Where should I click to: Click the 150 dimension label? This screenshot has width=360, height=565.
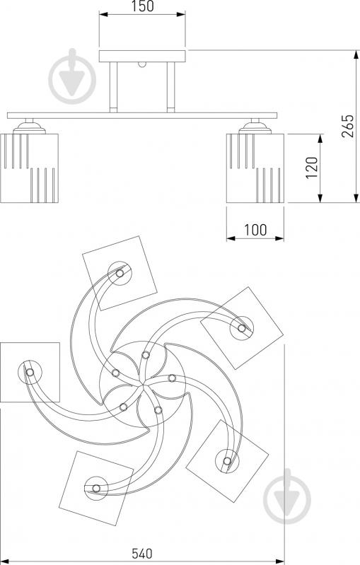point(142,6)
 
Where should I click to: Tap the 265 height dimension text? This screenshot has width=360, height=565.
point(348,126)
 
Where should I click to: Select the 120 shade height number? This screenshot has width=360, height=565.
point(312,168)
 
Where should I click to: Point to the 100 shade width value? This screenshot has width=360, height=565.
point(255,230)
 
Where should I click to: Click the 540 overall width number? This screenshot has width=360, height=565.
point(142,554)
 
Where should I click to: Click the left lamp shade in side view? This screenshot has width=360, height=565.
point(29,168)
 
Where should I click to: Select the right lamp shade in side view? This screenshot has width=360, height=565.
point(255,168)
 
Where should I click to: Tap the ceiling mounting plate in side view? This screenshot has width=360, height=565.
point(142,56)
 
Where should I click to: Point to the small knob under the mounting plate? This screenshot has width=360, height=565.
point(142,64)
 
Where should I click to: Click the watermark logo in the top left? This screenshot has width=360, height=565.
point(72,76)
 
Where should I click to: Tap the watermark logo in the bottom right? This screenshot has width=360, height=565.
point(287,496)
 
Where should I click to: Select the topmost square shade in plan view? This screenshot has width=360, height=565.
point(120,273)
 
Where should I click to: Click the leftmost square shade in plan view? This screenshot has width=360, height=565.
point(30,372)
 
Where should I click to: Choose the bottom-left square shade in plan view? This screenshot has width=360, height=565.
point(96,488)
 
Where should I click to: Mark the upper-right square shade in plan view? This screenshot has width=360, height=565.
point(242,328)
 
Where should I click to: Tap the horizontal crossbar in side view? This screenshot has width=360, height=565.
point(142,116)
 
